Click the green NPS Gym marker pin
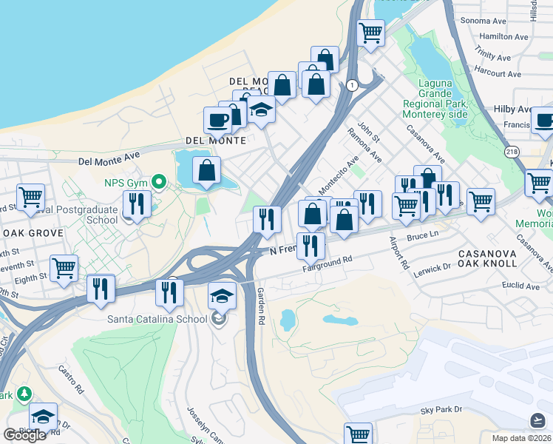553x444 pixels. (x=158, y=181)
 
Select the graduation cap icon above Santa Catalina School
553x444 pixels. (x=223, y=297)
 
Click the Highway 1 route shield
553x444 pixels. (x=352, y=86)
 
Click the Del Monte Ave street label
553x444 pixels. (x=111, y=157)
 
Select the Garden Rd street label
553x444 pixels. (x=260, y=311)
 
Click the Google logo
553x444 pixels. (x=24, y=436)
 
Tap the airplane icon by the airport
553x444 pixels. (x=539, y=420)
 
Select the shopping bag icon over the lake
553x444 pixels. (x=208, y=170)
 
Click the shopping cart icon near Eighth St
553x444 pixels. (x=64, y=267)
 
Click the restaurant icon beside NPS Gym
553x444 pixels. (x=138, y=202)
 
